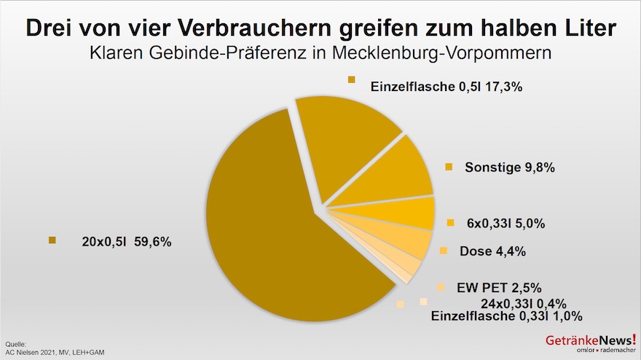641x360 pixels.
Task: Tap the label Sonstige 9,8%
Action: point(510,168)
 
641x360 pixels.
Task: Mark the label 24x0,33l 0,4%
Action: point(523,303)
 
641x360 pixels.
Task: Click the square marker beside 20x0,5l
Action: point(52,240)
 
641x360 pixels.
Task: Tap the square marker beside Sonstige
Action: point(449,167)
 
